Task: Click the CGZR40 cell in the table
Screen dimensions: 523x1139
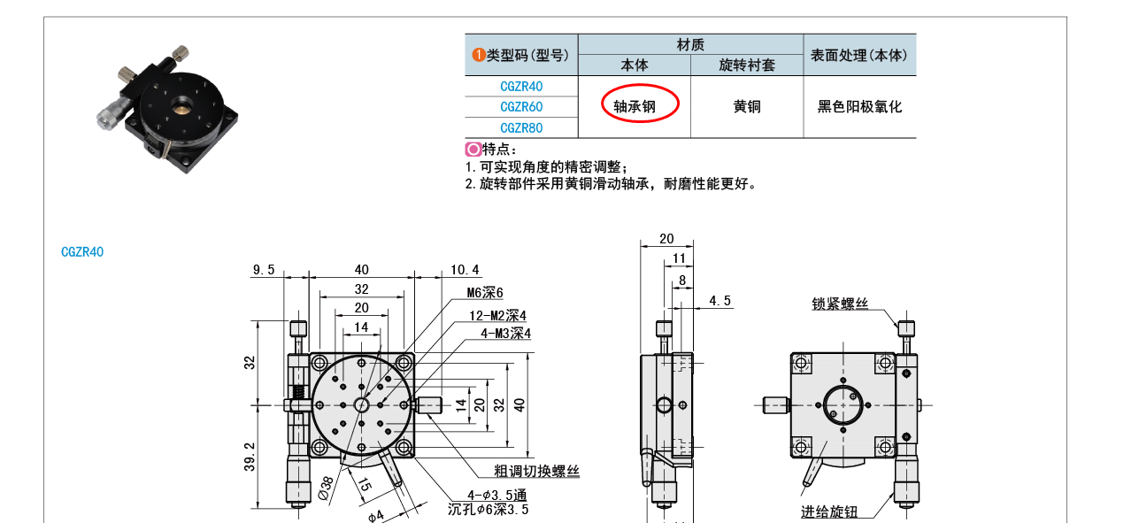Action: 521,86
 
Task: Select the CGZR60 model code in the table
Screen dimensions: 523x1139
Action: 521,107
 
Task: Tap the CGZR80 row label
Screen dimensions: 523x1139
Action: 521,127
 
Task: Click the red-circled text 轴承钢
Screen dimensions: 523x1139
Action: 635,106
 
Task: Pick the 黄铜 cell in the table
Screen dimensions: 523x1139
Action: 747,106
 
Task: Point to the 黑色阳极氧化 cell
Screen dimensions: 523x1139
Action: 859,106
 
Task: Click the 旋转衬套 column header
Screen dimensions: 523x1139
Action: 747,65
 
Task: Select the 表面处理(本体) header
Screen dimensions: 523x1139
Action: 859,55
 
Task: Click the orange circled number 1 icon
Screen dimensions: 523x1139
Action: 479,55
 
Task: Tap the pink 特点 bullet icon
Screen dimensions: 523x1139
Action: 473,150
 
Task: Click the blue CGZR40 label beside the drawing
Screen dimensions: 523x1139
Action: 82,251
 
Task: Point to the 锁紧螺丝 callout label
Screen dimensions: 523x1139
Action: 840,304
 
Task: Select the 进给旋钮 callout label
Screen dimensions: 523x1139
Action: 829,511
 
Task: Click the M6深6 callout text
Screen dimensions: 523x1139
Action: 485,293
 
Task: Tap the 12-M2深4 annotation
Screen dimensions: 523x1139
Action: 497,315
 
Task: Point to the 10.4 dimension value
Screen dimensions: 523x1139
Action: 465,269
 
